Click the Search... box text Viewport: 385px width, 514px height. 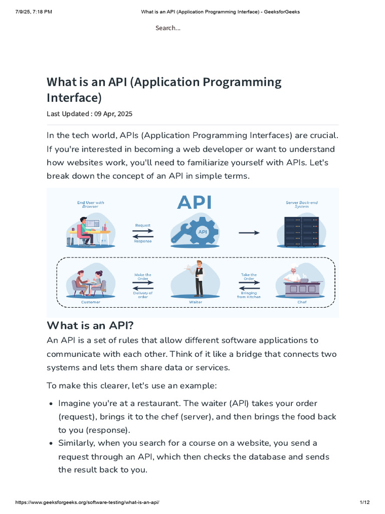click(x=168, y=28)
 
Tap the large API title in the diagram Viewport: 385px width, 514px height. click(x=195, y=203)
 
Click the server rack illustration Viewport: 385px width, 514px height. click(x=301, y=231)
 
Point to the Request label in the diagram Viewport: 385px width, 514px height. click(x=143, y=225)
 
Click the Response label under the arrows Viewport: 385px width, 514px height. click(x=143, y=241)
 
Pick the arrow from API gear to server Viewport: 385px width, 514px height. click(x=249, y=232)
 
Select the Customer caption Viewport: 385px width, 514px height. click(x=91, y=302)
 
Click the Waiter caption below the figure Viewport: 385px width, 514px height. click(x=196, y=302)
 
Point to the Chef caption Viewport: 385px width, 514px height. click(x=302, y=302)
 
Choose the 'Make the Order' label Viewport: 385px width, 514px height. click(x=143, y=277)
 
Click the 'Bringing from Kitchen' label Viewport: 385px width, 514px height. click(x=249, y=295)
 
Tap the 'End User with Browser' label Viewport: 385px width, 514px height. click(x=91, y=204)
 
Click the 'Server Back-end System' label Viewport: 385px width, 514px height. click(x=302, y=204)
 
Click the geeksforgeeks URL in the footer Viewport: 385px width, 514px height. click(x=88, y=502)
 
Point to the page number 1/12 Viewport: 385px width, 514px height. click(x=364, y=502)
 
